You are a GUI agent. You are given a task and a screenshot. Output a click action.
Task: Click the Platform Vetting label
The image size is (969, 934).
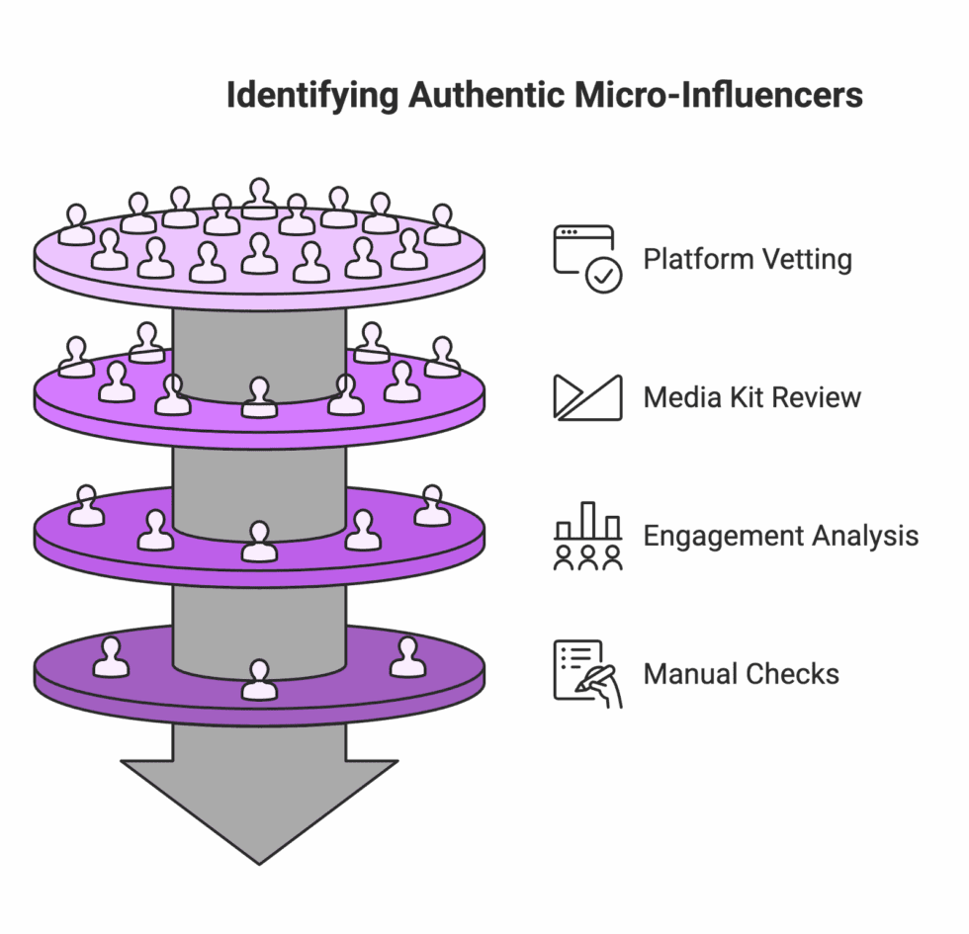tap(748, 260)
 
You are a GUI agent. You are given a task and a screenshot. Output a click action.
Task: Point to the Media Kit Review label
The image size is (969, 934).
tap(752, 398)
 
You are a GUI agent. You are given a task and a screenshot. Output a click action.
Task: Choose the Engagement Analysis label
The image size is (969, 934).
tap(780, 537)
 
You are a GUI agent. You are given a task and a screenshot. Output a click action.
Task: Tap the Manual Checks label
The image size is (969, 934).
tap(742, 675)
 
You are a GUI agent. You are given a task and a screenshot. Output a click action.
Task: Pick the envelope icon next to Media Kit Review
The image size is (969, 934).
tap(587, 397)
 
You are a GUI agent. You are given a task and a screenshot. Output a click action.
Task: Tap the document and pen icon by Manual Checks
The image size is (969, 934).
tap(587, 672)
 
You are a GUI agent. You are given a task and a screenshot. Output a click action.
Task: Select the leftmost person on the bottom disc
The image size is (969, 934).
tap(111, 657)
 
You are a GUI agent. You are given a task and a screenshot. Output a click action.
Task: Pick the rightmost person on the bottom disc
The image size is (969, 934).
tap(407, 657)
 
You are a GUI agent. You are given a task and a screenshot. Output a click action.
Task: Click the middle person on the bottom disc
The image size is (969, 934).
tap(259, 680)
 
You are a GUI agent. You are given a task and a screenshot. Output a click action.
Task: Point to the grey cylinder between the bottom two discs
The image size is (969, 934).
tap(259, 623)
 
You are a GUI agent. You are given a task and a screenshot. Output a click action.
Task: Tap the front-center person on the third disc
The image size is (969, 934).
tap(259, 542)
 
